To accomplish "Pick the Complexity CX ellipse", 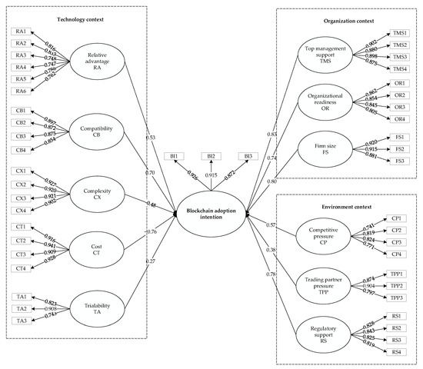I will tap(98, 188).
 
